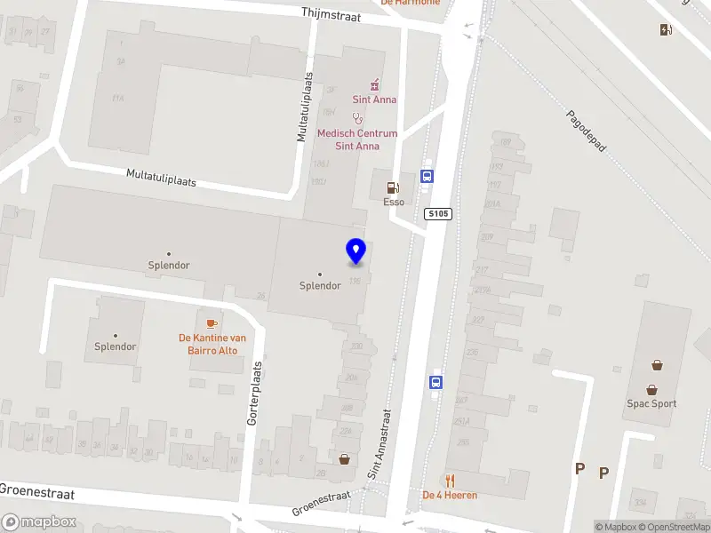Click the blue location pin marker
[355, 252]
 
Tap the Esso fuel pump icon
[391, 188]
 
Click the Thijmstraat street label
[330, 14]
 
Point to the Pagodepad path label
[586, 131]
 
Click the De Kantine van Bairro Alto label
[212, 343]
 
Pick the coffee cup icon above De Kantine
[212, 323]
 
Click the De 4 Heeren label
[450, 495]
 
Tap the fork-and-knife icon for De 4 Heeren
[451, 481]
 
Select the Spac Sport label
[651, 403]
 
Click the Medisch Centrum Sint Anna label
[357, 140]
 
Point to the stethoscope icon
[357, 117]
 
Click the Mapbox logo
[39, 522]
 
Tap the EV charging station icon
[666, 30]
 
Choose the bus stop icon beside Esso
[427, 176]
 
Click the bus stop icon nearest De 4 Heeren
[436, 383]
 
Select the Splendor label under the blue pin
[320, 285]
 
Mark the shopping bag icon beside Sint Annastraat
[344, 459]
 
